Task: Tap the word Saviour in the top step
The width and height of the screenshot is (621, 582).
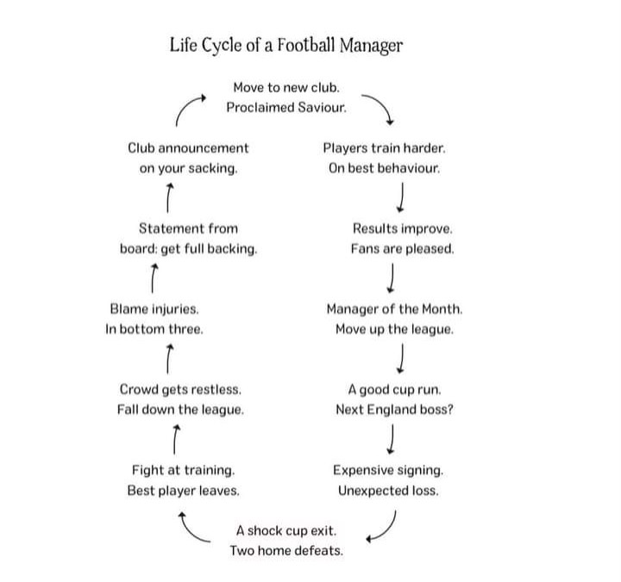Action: (322, 107)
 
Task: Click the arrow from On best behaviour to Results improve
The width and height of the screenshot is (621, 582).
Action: (401, 197)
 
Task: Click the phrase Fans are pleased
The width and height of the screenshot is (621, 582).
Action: (403, 248)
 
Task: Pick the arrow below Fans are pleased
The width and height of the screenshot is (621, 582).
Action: (391, 278)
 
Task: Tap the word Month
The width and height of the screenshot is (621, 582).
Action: (442, 309)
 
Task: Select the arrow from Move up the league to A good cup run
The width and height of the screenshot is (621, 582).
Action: (401, 359)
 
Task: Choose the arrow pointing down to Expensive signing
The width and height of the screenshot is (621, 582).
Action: (391, 439)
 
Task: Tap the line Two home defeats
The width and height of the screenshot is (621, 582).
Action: (286, 551)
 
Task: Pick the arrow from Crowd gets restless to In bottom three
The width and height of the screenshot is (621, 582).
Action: (169, 359)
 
